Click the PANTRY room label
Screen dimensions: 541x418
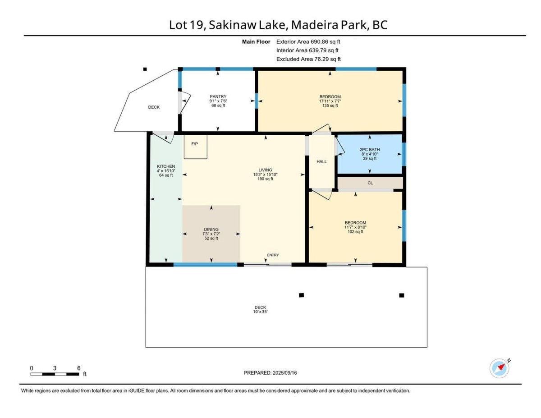coord(218,96)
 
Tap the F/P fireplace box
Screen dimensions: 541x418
coord(196,147)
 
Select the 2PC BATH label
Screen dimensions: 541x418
coord(370,149)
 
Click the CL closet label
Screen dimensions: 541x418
coord(370,183)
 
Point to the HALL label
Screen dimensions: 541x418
coord(321,161)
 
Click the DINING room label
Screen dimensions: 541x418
coord(211,229)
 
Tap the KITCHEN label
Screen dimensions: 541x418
coord(166,166)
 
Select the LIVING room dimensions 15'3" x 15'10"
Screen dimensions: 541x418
coord(265,175)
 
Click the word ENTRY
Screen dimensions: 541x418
coord(273,255)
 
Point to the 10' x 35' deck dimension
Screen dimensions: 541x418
coord(261,312)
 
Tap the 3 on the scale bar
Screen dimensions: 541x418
coord(55,368)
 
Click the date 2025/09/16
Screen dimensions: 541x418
coord(285,373)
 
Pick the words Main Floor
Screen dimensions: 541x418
coord(256,41)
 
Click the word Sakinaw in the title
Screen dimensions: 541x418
coord(233,25)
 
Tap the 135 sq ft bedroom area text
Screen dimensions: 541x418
coord(330,106)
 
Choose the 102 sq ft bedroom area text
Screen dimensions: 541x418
coord(355,232)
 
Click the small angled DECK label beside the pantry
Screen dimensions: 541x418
coord(154,107)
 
